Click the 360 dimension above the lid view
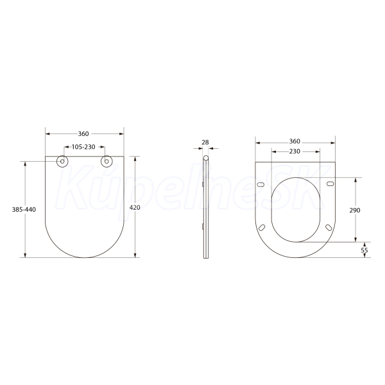(x=83, y=134)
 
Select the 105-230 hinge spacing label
(x=83, y=147)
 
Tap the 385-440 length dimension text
(x=24, y=209)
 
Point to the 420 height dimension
(x=135, y=207)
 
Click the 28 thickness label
(x=205, y=142)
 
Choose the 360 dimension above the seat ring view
(x=295, y=141)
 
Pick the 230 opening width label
(x=295, y=151)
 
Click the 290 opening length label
(x=355, y=210)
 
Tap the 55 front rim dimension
(x=364, y=250)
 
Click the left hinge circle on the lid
(x=62, y=161)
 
